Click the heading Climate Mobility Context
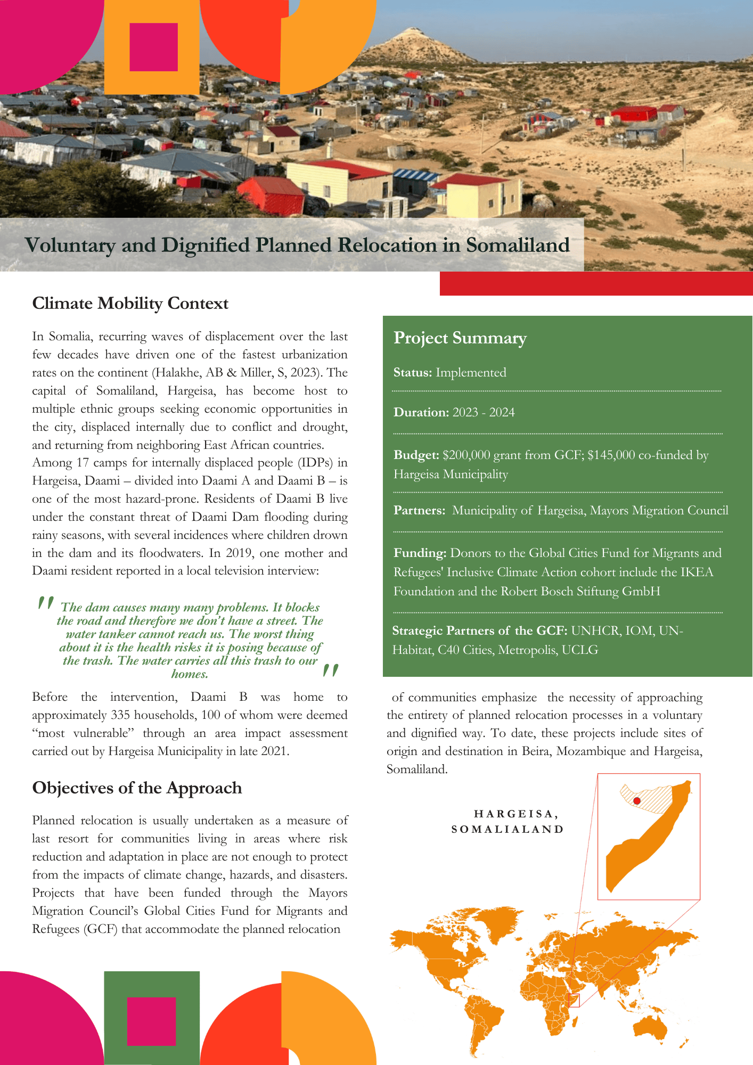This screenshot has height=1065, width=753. [130, 304]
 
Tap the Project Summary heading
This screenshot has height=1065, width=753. [460, 338]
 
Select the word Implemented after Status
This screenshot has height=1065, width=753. [471, 373]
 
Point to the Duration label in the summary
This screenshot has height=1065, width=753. [421, 413]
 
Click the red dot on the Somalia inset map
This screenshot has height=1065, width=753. [637, 801]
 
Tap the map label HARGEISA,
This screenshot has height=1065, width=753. [515, 814]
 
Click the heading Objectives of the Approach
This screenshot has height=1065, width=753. [137, 788]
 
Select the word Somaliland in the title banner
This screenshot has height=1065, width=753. [518, 245]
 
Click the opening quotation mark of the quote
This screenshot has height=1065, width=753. [46, 603]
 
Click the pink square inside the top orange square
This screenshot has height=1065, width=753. [153, 47]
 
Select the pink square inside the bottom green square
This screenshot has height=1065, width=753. [151, 1021]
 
